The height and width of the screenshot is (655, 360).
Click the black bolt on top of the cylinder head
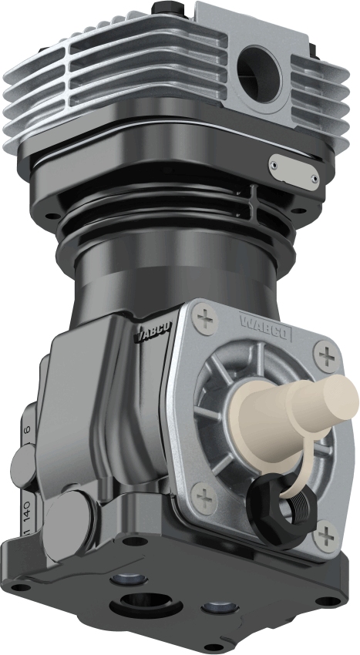pos(169,7)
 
